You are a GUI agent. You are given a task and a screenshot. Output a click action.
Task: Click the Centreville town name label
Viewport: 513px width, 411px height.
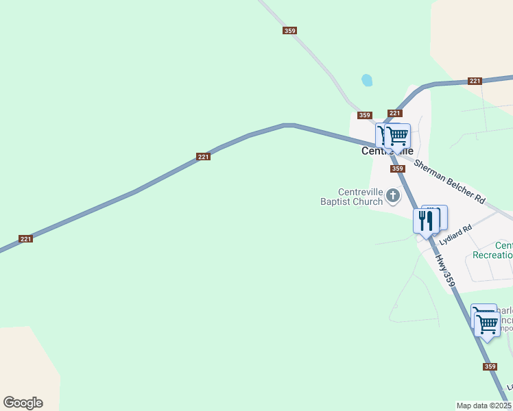tap(387, 151)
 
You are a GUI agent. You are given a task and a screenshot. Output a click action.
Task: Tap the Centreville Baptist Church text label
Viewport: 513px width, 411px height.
tap(351, 197)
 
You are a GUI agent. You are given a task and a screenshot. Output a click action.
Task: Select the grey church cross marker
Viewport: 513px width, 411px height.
tap(393, 197)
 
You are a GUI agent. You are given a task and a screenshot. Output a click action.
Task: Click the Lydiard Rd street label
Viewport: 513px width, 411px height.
tap(457, 235)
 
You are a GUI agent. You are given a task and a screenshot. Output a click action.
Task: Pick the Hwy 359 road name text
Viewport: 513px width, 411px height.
tap(445, 271)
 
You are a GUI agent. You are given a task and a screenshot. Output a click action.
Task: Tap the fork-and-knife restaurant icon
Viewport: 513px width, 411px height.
tap(425, 221)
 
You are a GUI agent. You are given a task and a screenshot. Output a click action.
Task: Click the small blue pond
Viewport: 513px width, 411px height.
tap(367, 80)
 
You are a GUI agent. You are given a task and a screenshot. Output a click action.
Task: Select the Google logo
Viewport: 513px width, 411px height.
tap(23, 403)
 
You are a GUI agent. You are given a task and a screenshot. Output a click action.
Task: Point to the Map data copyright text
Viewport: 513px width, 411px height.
tap(484, 406)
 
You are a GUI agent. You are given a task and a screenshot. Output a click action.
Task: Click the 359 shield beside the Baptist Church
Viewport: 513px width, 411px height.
tap(397, 169)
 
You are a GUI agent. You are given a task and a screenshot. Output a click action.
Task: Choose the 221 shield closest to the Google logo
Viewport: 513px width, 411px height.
tap(25, 239)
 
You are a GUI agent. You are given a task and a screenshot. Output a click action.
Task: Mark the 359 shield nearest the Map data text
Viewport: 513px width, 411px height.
tap(490, 366)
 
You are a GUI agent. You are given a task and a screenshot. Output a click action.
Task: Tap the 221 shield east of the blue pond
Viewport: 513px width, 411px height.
tap(475, 81)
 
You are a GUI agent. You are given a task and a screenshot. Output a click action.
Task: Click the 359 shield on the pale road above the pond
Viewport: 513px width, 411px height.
tap(289, 30)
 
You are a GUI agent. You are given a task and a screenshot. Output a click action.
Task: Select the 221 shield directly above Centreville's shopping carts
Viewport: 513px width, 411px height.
tap(394, 113)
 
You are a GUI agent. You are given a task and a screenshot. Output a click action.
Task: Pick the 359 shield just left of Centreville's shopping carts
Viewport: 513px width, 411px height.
tap(365, 115)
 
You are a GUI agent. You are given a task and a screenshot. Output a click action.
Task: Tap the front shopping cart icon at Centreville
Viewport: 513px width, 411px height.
tap(398, 136)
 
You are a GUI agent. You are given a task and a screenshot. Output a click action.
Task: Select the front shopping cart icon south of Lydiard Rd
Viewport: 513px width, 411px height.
tap(488, 323)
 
